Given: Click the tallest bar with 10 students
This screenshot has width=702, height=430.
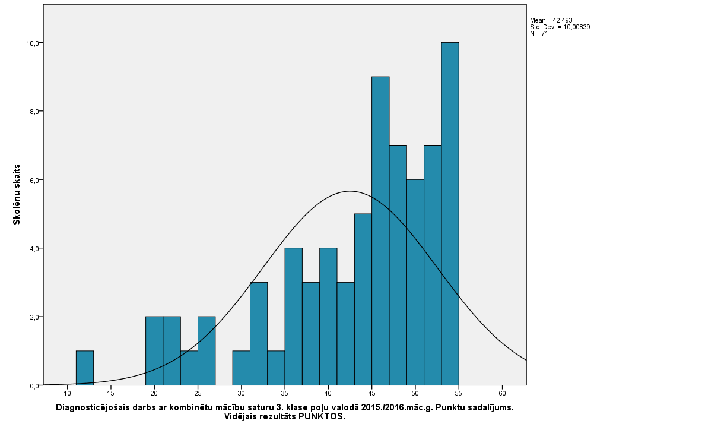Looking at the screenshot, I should (450, 214).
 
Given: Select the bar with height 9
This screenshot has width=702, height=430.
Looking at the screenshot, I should (380, 231).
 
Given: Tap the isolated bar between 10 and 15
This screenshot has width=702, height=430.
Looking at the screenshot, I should (85, 368).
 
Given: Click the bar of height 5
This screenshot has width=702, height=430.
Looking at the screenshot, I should (363, 299).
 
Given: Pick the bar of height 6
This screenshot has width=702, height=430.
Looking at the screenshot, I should (415, 282).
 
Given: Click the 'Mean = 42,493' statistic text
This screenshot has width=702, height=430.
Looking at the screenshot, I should (551, 20).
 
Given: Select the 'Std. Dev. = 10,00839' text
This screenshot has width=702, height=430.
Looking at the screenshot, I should (560, 27).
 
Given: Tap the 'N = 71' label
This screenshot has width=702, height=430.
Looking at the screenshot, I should (539, 33).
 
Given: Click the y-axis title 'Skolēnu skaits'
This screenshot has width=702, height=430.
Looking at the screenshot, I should (17, 194).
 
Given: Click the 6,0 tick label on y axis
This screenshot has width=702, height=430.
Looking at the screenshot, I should (33, 180).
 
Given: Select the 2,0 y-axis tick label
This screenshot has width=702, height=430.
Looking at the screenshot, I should (33, 317).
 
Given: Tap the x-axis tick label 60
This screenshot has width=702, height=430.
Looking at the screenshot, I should (502, 393).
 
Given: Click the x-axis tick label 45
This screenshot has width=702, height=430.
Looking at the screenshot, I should (371, 393).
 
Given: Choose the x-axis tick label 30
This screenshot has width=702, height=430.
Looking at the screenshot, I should (241, 393).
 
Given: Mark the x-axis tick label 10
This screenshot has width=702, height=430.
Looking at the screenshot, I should (68, 393).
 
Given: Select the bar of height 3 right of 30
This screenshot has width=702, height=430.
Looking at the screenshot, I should (259, 334).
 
